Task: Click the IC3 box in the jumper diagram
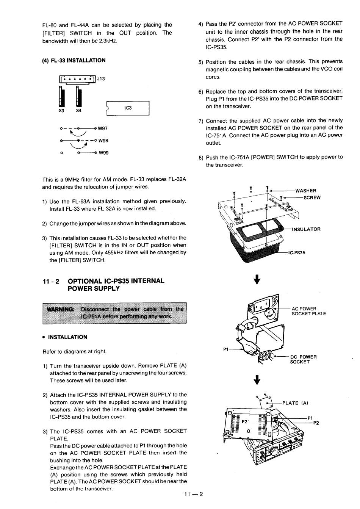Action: (x=128, y=108)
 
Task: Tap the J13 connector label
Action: (x=101, y=79)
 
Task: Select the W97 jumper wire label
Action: (x=103, y=129)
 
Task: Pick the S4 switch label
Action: (x=79, y=111)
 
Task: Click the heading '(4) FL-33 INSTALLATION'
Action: (x=74, y=60)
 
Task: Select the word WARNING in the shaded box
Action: (x=60, y=309)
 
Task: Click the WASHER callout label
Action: (x=306, y=191)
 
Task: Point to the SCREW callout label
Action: (x=312, y=197)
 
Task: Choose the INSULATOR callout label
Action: (x=306, y=229)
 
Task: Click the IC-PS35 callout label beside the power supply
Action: (x=297, y=252)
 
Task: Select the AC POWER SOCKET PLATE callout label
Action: (x=308, y=311)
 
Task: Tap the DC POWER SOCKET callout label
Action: (x=303, y=359)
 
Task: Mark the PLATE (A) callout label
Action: (x=296, y=403)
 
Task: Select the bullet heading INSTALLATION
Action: (x=67, y=337)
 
